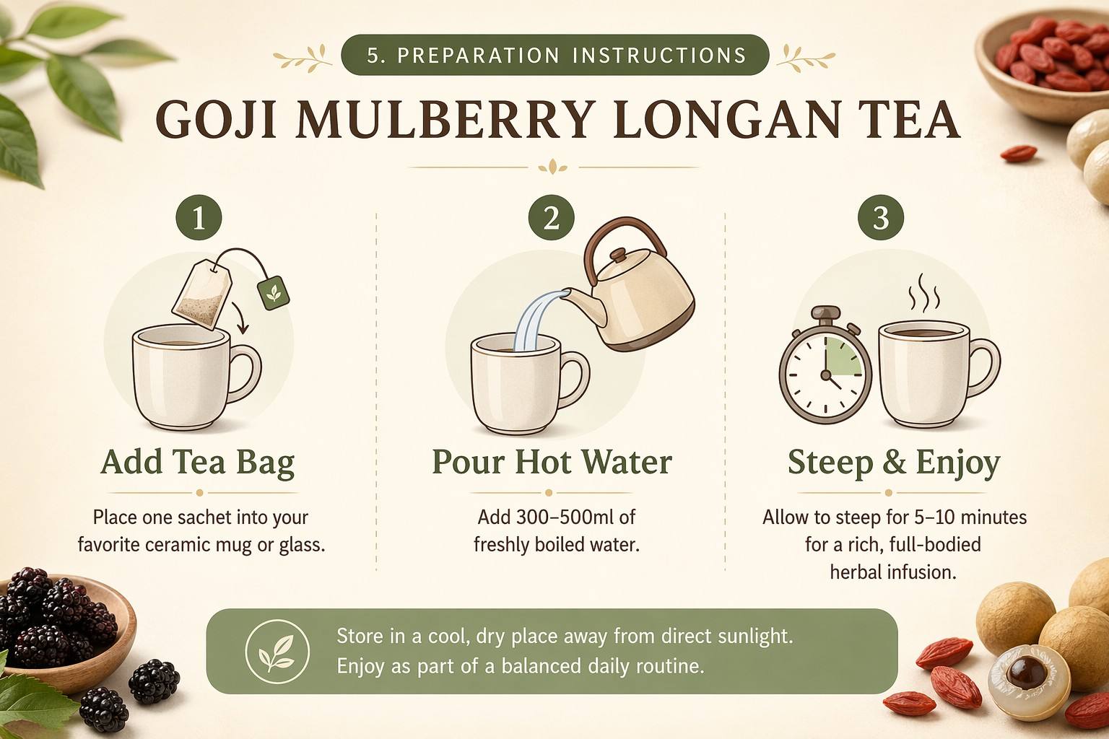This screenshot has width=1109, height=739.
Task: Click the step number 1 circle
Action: [x=199, y=217]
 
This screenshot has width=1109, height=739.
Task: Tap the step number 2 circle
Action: [x=551, y=217]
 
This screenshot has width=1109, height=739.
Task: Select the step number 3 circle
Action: [x=881, y=217]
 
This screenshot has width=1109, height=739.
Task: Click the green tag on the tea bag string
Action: [x=274, y=293]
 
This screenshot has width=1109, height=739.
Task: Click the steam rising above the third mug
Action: [x=924, y=291]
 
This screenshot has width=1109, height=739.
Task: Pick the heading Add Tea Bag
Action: [x=198, y=463]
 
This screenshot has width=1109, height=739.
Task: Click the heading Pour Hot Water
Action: [x=552, y=462]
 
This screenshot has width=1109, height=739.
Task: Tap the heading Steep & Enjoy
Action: [x=894, y=463]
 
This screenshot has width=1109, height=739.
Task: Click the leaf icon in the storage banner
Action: [x=277, y=652]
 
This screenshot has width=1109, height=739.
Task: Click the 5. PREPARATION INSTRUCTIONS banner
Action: [x=555, y=54]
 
